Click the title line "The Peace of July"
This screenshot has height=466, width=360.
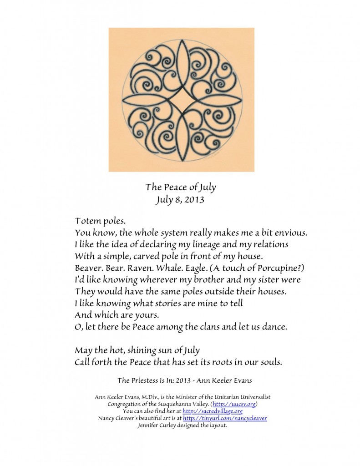click(x=180, y=187)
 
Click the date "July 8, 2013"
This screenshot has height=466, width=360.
click(x=180, y=198)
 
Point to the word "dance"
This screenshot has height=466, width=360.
click(x=273, y=327)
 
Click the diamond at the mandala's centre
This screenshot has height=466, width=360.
click(x=182, y=99)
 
